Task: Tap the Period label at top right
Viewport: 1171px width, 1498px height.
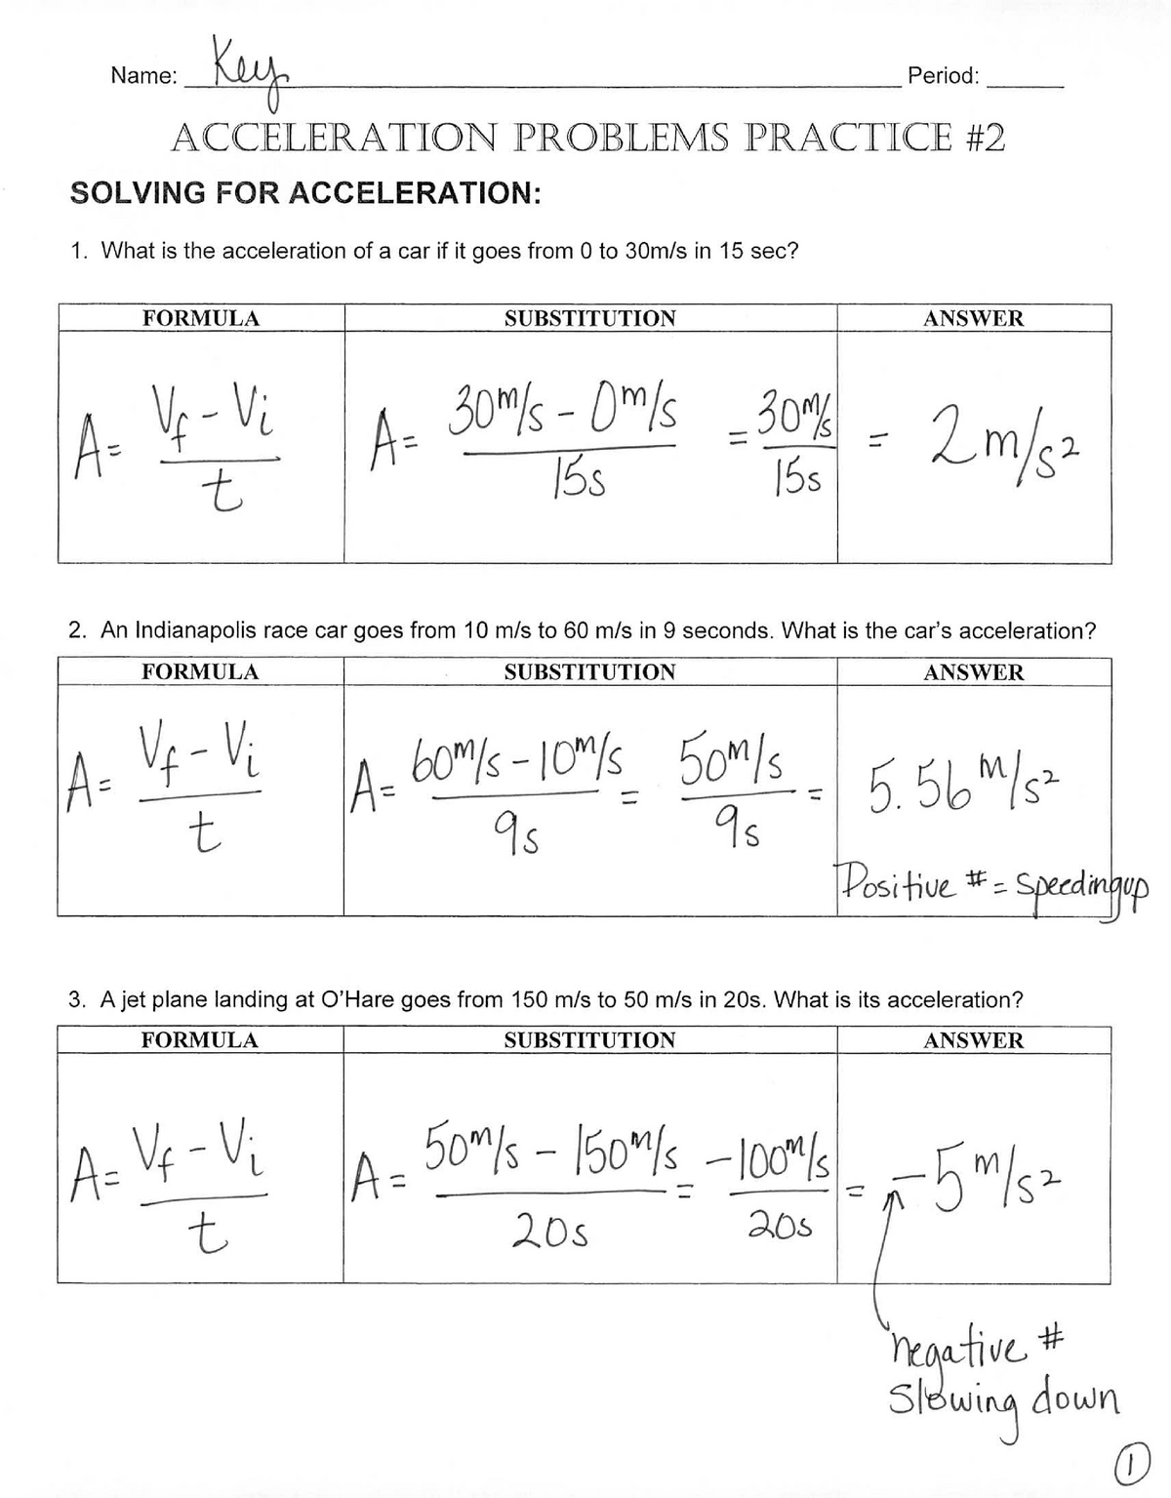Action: (x=942, y=76)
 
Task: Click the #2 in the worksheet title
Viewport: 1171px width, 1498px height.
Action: (x=978, y=139)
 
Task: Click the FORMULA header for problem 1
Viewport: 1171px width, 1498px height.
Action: (x=201, y=318)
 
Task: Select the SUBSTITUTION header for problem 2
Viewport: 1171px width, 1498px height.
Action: (x=589, y=672)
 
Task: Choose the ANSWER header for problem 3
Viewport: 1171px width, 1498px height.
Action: (x=974, y=1040)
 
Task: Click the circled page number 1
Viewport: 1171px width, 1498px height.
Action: (x=1128, y=1465)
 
